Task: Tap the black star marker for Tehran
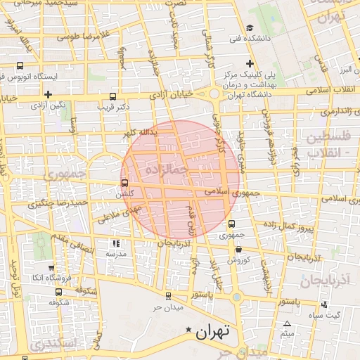tap(188, 330)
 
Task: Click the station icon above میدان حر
tap(167, 295)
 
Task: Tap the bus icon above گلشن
tap(124, 182)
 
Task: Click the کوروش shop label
tap(238, 259)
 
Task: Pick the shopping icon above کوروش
tap(238, 248)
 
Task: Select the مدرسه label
tap(115, 253)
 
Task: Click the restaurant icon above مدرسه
tap(115, 243)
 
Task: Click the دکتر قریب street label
tap(133, 107)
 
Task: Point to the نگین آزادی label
tap(48, 105)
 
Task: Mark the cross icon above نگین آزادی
tap(48, 94)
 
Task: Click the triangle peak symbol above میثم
tap(287, 323)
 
